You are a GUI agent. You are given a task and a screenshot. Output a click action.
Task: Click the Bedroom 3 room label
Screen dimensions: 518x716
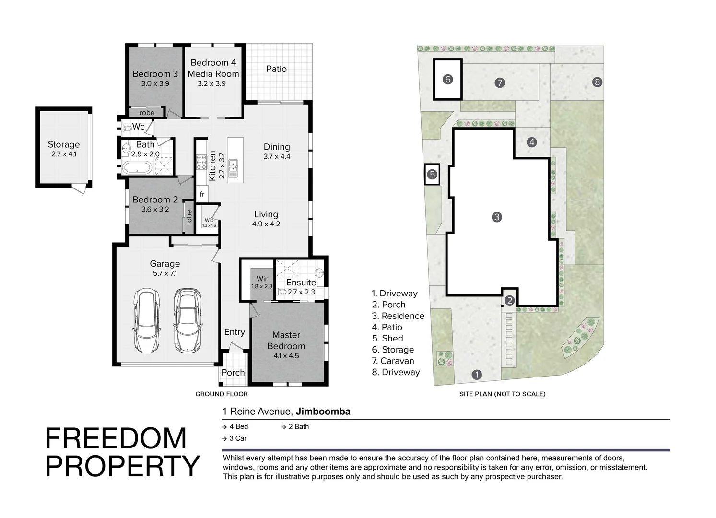pyautogui.click(x=155, y=74)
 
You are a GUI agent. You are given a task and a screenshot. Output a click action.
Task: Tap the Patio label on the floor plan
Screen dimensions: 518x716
pyautogui.click(x=276, y=69)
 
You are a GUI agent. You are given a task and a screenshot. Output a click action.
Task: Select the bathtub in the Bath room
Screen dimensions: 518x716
pyautogui.click(x=137, y=167)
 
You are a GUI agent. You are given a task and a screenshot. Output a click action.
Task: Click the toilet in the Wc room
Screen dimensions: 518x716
pyautogui.click(x=127, y=128)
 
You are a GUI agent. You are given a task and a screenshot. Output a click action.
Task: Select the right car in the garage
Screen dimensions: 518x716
pyautogui.click(x=186, y=320)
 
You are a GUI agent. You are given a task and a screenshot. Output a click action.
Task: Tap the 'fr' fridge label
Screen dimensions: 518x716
pyautogui.click(x=202, y=194)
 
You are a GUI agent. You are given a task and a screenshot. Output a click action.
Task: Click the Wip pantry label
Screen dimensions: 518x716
pyautogui.click(x=209, y=221)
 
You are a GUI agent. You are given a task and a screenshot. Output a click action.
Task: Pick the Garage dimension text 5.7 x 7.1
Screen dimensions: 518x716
pyautogui.click(x=164, y=273)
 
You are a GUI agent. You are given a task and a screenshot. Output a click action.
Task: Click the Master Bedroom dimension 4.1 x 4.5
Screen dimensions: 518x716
pyautogui.click(x=286, y=356)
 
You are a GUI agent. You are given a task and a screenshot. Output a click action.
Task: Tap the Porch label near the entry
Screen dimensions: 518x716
pyautogui.click(x=233, y=373)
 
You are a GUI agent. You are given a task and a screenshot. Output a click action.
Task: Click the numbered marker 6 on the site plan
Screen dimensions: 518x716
pyautogui.click(x=447, y=79)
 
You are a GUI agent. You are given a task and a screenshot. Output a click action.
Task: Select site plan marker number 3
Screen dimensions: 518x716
pyautogui.click(x=496, y=217)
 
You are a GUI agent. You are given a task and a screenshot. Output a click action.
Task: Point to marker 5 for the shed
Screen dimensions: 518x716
pyautogui.click(x=432, y=174)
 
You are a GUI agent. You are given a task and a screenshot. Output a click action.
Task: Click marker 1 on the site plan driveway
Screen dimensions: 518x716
pyautogui.click(x=476, y=375)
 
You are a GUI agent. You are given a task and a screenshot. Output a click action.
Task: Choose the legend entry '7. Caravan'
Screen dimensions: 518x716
pyautogui.click(x=393, y=361)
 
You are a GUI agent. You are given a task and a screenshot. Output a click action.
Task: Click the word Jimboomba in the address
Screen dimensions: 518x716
pyautogui.click(x=323, y=412)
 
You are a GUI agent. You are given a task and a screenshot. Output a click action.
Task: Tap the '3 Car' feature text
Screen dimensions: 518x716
pyautogui.click(x=237, y=438)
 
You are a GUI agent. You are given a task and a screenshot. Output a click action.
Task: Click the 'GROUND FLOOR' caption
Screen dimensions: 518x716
pyautogui.click(x=222, y=394)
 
